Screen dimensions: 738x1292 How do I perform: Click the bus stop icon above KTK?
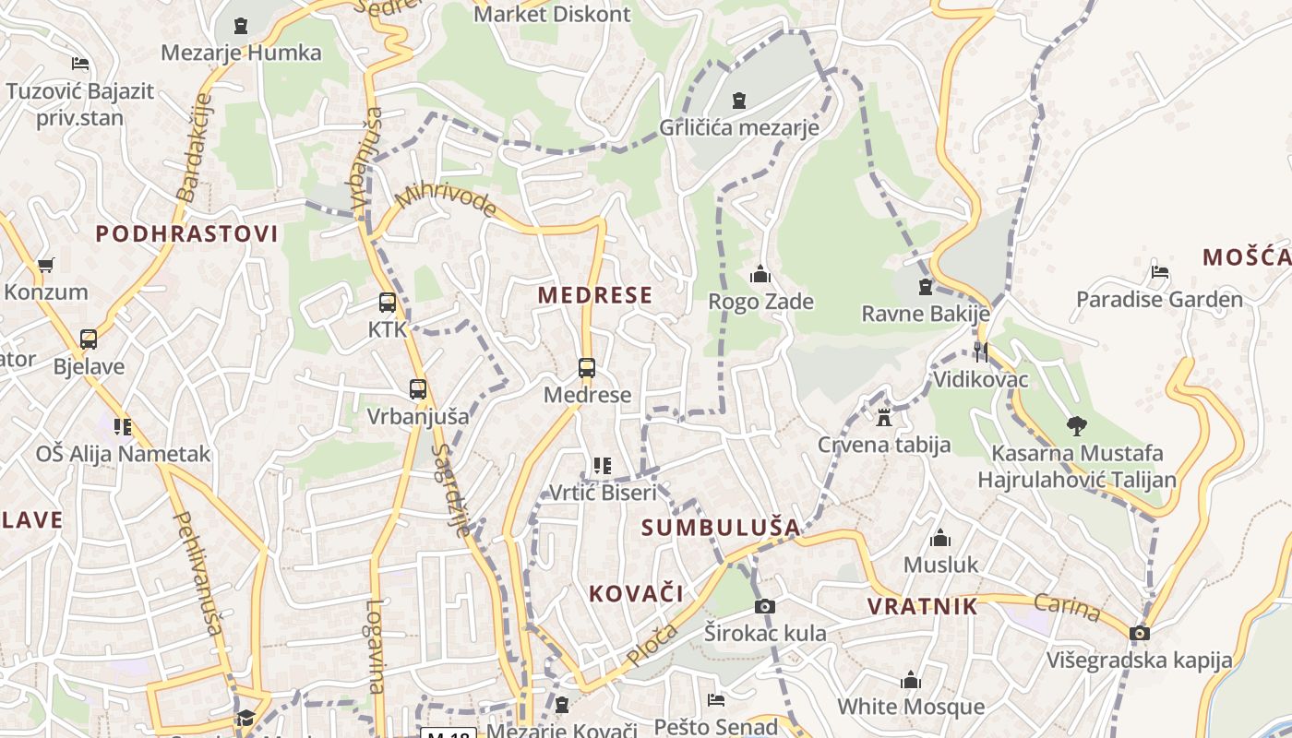(x=388, y=302)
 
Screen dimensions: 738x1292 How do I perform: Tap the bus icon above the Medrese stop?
(x=587, y=368)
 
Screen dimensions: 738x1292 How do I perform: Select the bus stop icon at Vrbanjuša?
(x=418, y=389)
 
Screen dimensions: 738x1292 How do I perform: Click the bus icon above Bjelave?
(x=89, y=339)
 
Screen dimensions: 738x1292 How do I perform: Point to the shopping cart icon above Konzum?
(x=46, y=266)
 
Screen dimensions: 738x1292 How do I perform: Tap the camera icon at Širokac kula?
(x=764, y=606)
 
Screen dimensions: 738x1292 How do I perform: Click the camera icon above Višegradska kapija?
(x=1140, y=633)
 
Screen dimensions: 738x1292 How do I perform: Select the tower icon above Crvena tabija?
(x=884, y=417)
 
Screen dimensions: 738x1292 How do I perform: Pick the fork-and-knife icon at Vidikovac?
(x=980, y=351)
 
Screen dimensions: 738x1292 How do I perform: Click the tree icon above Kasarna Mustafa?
(x=1076, y=425)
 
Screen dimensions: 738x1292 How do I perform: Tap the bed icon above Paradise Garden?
(x=1160, y=272)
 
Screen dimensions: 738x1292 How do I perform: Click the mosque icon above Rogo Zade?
(x=760, y=274)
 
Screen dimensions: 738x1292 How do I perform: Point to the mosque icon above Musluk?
(x=940, y=537)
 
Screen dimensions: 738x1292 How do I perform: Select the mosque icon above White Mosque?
(x=911, y=680)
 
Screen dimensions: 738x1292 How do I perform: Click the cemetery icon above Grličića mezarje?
(x=738, y=100)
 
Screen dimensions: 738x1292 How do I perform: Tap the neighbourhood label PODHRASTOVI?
(x=186, y=233)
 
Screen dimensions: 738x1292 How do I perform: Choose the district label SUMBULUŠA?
(x=721, y=528)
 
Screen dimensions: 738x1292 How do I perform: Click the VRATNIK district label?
(x=922, y=606)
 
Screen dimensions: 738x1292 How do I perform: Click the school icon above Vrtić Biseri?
(x=603, y=465)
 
